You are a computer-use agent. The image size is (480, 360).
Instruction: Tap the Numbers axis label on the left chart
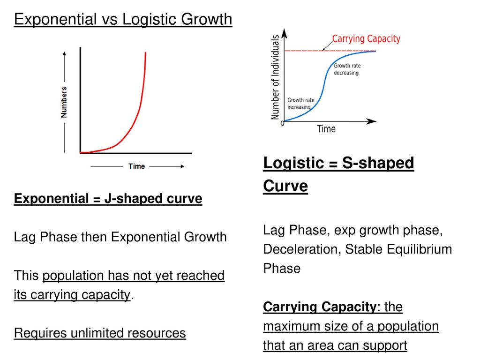64,102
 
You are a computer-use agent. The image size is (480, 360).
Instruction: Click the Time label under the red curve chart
136,166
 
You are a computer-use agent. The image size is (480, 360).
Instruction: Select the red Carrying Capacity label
366,39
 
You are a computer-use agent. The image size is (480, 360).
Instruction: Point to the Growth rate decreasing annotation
347,69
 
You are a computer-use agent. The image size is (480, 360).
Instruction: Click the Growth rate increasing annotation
300,104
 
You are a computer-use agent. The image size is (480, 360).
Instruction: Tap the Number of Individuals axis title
275,77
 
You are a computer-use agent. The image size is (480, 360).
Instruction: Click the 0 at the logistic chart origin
282,123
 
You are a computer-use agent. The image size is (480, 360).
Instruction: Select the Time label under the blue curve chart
326,129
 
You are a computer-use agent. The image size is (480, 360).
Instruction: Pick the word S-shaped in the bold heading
378,163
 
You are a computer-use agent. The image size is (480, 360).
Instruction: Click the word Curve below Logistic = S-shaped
285,186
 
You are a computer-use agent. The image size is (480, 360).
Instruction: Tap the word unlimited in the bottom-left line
97,333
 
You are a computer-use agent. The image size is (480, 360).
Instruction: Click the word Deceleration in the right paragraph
302,249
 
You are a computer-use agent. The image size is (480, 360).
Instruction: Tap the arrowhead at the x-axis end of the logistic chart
371,121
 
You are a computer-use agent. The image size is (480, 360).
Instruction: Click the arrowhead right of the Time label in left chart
182,166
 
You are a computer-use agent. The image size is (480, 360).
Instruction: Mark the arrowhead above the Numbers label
64,54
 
